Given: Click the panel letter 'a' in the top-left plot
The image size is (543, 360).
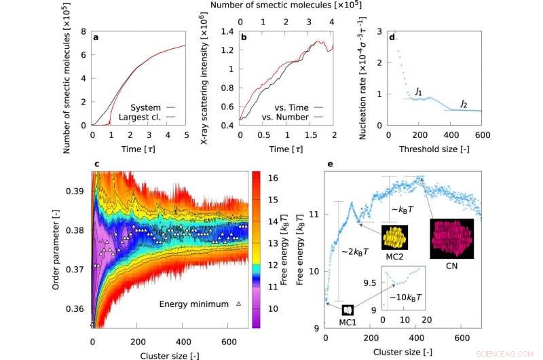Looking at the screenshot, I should click(97, 36).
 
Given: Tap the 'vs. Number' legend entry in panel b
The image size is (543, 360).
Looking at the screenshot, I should click(285, 118).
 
